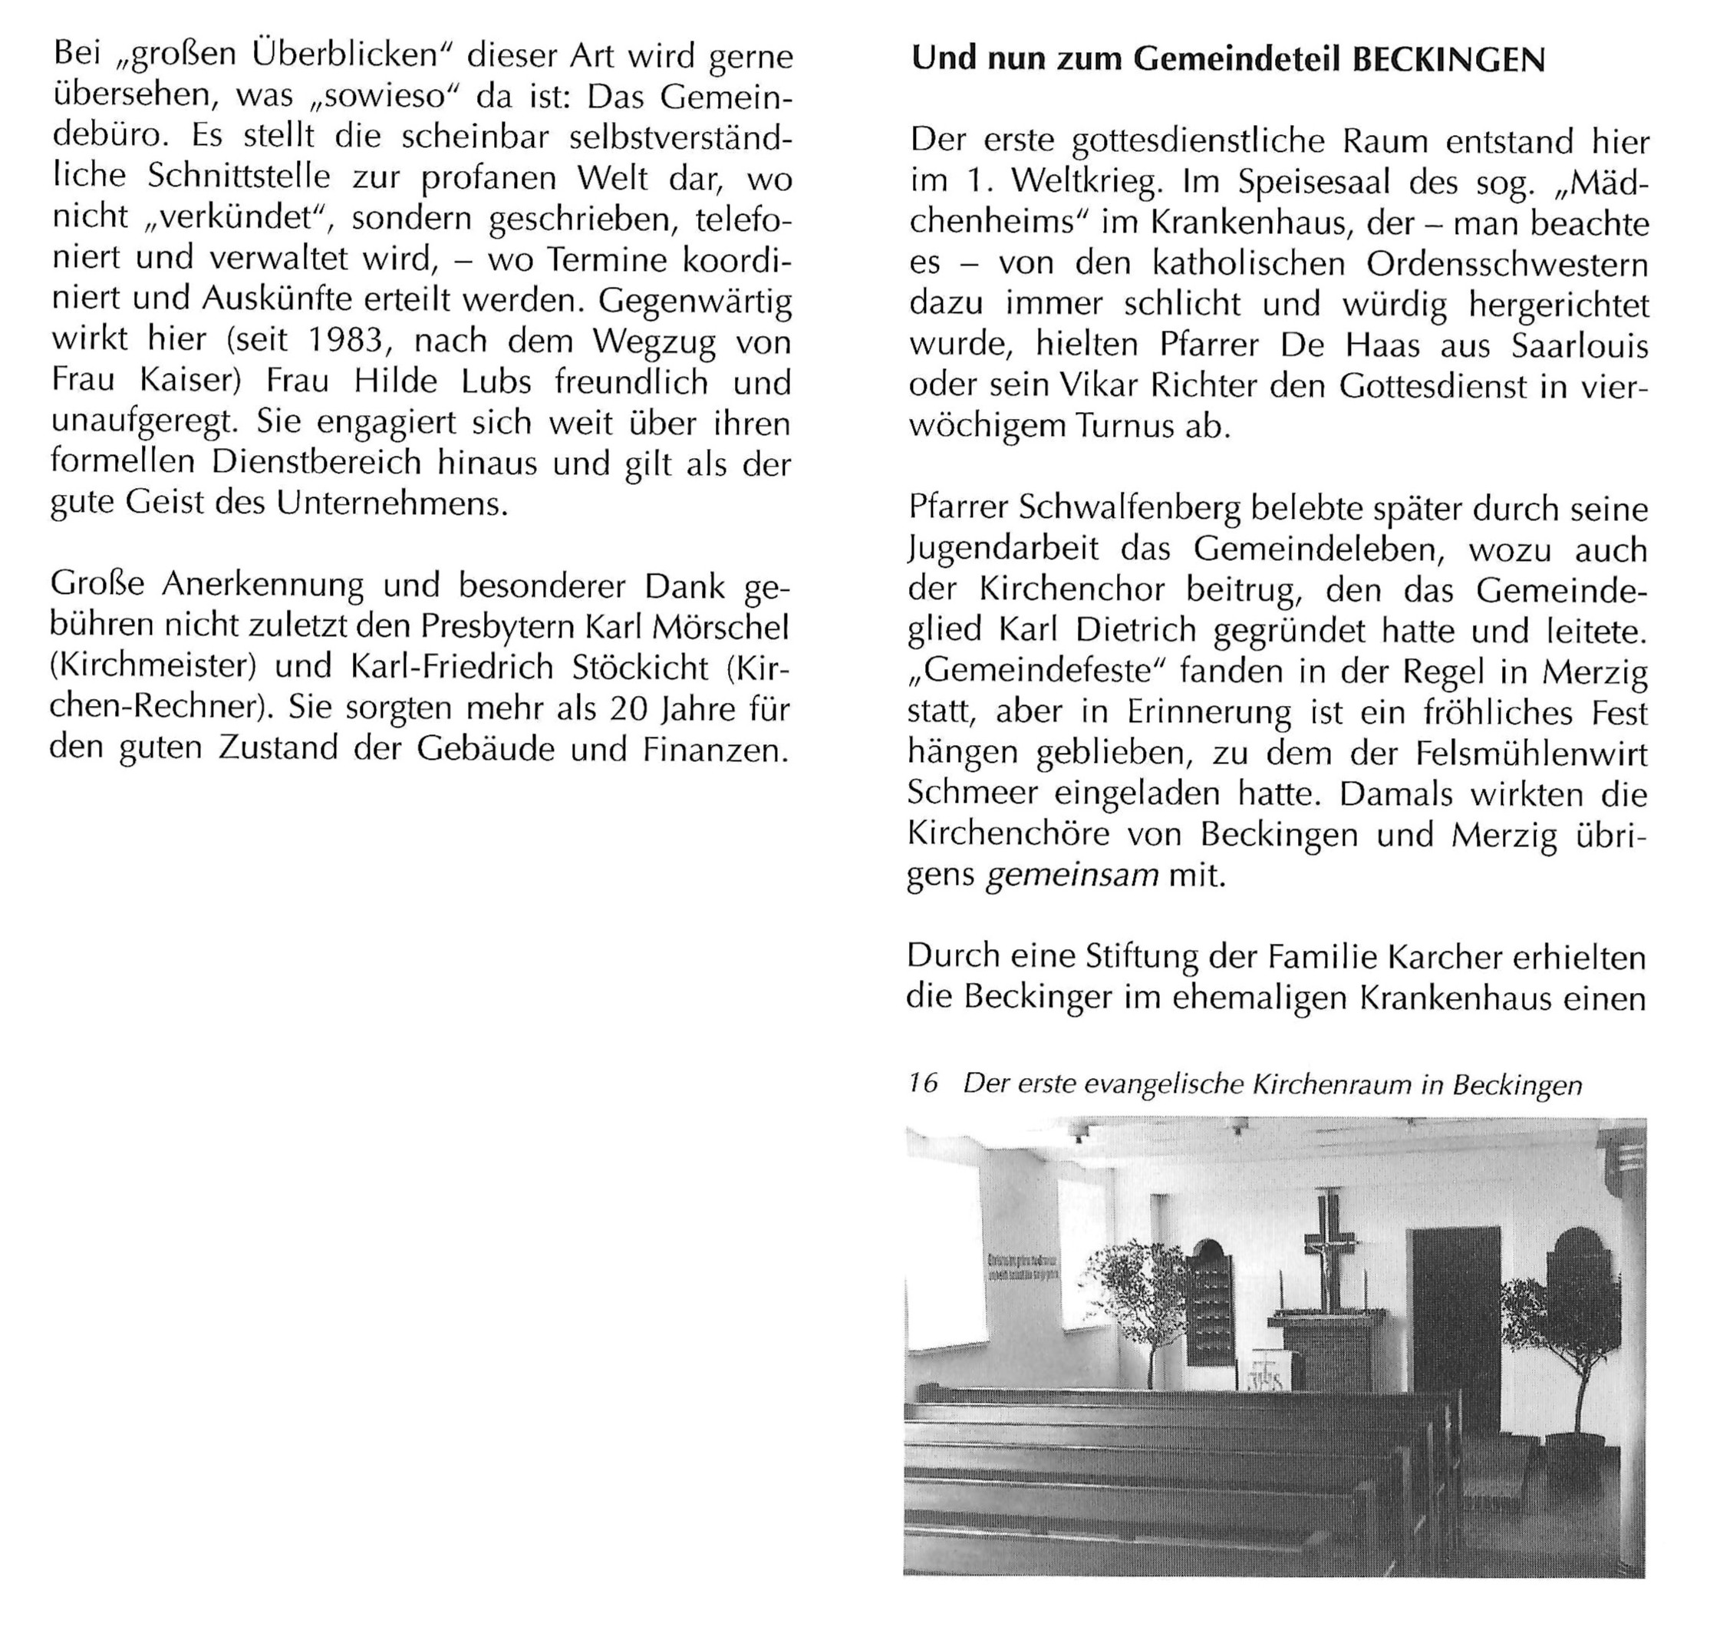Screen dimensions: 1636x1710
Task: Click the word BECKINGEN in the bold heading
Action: [x=1448, y=59]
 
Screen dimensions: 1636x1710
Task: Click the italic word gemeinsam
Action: [x=1072, y=875]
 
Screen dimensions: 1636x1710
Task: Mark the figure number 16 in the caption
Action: [x=923, y=1083]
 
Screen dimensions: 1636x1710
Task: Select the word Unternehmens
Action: [x=391, y=504]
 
